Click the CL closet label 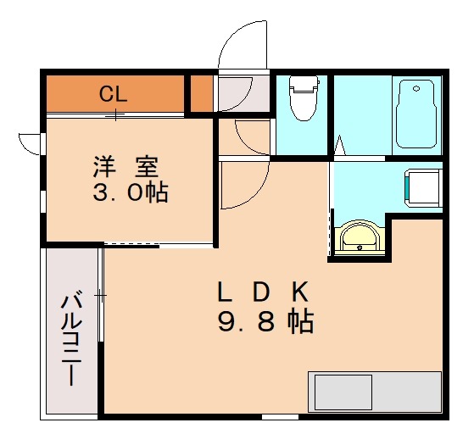tap(113, 93)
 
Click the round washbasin tap(360, 239)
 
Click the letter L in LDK tap(224, 292)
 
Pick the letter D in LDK tap(262, 292)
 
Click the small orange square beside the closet tap(201, 93)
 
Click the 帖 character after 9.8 tap(300, 322)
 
